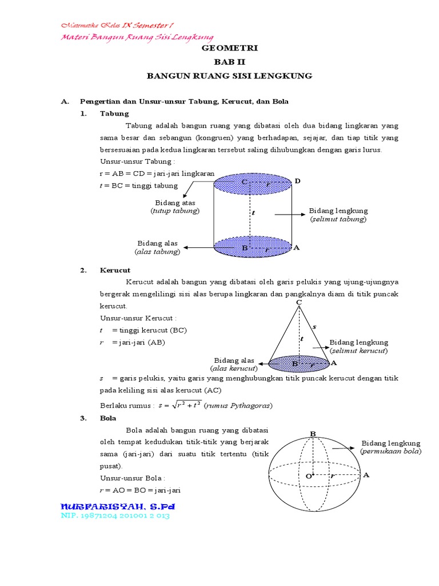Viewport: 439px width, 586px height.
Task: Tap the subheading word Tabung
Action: (114, 113)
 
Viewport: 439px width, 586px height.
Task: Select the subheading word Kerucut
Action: (115, 270)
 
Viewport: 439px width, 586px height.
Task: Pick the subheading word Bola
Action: (108, 418)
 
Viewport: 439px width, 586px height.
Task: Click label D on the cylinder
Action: (297, 181)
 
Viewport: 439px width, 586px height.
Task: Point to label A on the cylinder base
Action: (296, 247)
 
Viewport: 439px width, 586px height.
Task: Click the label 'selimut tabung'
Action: (338, 219)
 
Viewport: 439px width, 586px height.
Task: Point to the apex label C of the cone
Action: (298, 302)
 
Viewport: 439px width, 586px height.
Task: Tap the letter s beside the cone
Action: (314, 326)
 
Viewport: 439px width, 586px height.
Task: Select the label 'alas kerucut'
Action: (234, 369)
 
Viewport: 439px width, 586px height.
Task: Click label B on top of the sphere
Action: (313, 434)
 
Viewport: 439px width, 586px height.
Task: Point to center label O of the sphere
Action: (308, 476)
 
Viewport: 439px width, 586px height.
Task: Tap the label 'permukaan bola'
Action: (390, 452)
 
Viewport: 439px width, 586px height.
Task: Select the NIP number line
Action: (115, 516)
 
